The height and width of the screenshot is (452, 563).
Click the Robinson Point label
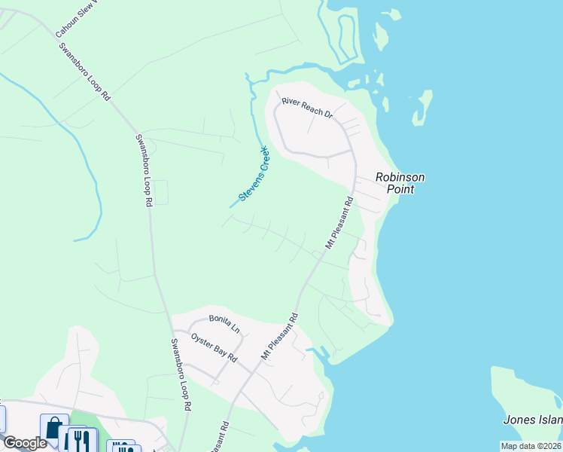(x=400, y=183)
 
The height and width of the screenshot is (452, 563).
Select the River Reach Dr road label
(x=307, y=107)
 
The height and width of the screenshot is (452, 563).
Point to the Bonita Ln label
(x=224, y=324)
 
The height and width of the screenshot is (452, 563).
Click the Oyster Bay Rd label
(x=214, y=347)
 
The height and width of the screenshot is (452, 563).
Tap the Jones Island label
(x=534, y=420)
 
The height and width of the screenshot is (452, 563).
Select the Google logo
(x=25, y=443)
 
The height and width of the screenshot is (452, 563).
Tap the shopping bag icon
(x=54, y=428)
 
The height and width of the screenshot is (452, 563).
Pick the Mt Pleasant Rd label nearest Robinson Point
(x=339, y=224)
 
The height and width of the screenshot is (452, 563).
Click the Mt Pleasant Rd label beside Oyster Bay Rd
(x=279, y=336)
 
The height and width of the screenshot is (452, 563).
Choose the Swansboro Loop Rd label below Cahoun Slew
(x=84, y=72)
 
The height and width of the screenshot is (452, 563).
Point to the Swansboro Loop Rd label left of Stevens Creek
(x=144, y=170)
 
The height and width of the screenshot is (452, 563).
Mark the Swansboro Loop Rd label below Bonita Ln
(x=181, y=374)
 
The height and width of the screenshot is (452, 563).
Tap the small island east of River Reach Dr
(x=423, y=108)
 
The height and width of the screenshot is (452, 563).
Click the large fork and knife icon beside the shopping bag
(x=78, y=440)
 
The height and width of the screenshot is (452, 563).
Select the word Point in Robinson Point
(x=400, y=189)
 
